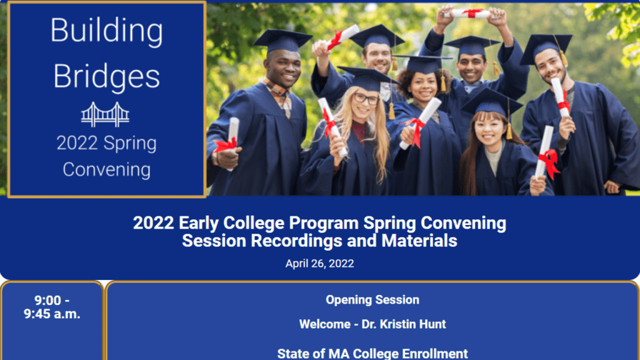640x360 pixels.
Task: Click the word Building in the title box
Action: [106, 31]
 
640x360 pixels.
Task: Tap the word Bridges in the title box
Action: [106, 76]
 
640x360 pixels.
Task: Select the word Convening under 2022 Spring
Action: [106, 169]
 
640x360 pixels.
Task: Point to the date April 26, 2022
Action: [319, 264]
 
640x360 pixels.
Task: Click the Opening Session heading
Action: [372, 300]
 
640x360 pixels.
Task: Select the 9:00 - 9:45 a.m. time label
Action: [52, 307]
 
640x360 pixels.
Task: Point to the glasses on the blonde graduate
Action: [366, 98]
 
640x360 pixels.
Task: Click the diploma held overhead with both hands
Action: [470, 14]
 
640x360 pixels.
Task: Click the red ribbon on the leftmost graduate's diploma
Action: [226, 145]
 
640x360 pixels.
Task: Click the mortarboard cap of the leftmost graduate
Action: [282, 40]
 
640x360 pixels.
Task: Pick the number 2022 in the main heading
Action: [154, 223]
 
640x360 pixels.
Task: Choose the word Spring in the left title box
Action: [130, 144]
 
